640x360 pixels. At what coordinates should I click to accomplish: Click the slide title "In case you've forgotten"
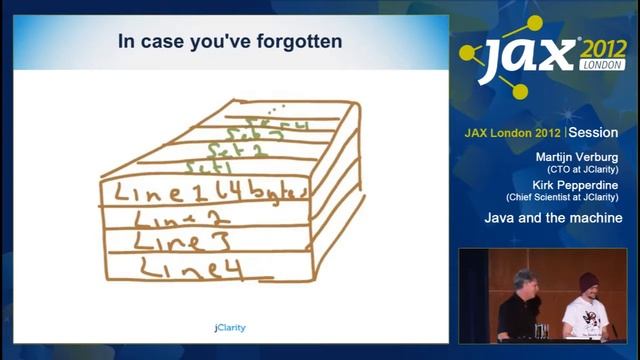(230, 42)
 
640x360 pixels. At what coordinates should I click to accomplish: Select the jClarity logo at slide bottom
(230, 327)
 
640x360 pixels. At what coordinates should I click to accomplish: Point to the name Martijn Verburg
(579, 158)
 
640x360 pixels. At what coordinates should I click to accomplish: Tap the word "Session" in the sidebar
(594, 132)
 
